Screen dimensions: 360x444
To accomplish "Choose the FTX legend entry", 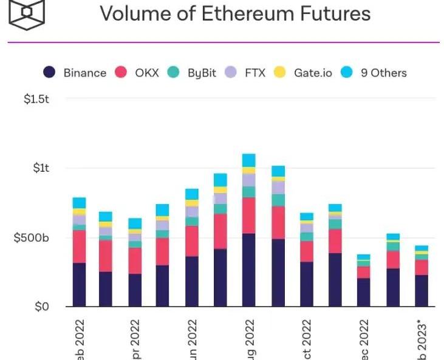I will (x=245, y=73).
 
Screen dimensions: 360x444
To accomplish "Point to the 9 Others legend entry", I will (x=374, y=73).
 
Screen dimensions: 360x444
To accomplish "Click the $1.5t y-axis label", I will (x=36, y=99).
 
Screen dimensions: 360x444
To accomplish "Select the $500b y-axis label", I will (x=31, y=237).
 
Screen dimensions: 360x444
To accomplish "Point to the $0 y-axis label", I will (x=41, y=307).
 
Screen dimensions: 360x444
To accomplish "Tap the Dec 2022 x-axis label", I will (x=363, y=340).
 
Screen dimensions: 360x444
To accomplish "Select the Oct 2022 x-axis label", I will (x=307, y=340).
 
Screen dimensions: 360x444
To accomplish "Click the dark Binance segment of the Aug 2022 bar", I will (x=248, y=270).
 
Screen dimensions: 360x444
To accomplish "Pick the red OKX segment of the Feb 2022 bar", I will (x=79, y=246).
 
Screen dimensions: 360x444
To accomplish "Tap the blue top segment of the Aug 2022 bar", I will (x=248, y=160).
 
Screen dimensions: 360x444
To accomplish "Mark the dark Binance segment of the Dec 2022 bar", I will (x=363, y=292).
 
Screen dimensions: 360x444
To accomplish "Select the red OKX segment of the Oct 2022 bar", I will (x=306, y=251).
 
